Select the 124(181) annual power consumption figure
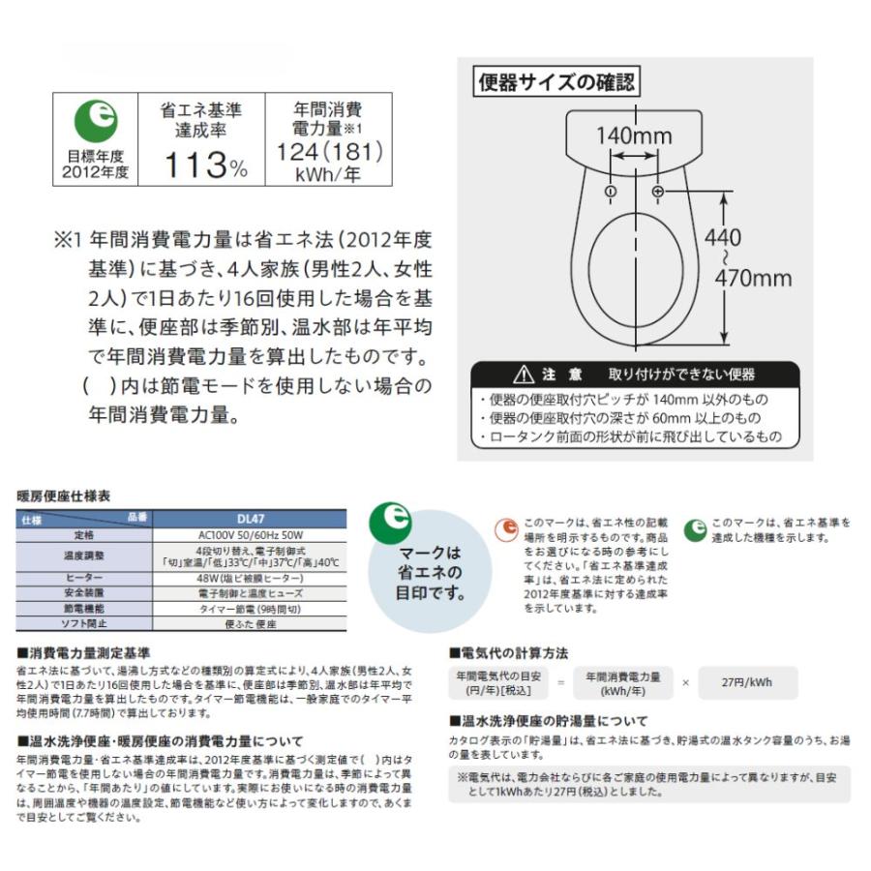point(329,152)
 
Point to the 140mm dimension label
point(633,135)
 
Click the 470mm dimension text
point(753,279)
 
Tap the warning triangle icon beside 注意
point(524,375)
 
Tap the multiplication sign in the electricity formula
point(685,682)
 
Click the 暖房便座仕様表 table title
point(64,496)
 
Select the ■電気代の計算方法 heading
point(509,653)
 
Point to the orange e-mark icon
point(506,529)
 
